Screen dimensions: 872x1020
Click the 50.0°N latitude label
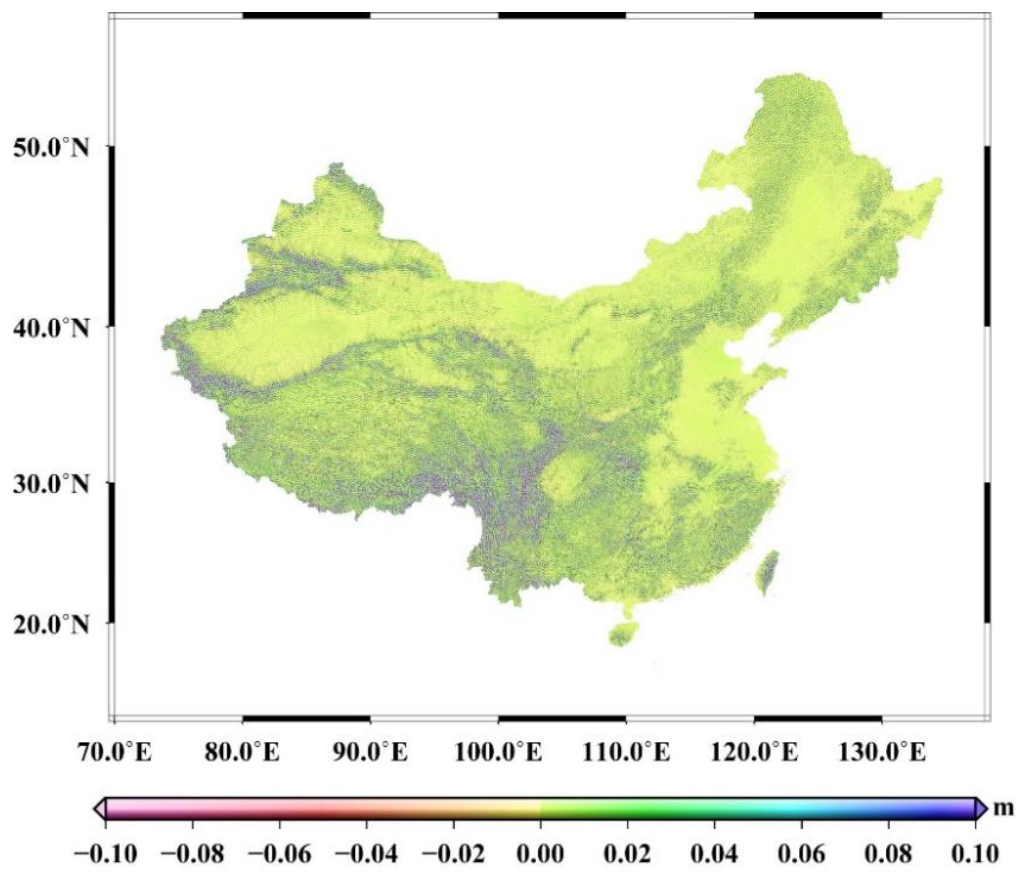point(51,147)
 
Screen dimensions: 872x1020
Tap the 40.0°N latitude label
point(51,328)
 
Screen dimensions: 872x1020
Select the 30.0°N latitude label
point(51,484)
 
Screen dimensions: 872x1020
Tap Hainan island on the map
point(623,634)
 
